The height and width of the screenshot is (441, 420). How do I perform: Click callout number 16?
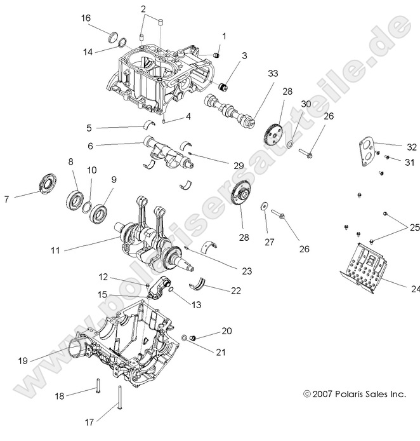85,18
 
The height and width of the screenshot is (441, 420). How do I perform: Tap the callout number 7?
6,199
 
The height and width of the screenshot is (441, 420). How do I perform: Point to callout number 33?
255,74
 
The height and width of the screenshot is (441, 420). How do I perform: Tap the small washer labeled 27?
262,205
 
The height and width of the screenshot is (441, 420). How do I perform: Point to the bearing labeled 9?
99,211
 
